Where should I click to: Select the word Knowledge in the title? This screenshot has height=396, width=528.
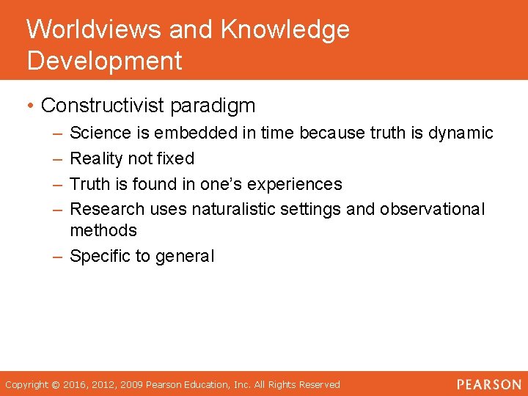pos(285,30)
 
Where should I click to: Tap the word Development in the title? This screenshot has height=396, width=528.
pos(104,61)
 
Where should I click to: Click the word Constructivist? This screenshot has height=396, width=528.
pos(103,106)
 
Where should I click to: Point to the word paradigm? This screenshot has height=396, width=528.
pos(213,106)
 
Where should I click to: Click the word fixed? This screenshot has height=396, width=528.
pos(175,158)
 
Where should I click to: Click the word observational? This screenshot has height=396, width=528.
pos(432,209)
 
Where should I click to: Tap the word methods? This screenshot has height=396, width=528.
pos(103,230)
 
